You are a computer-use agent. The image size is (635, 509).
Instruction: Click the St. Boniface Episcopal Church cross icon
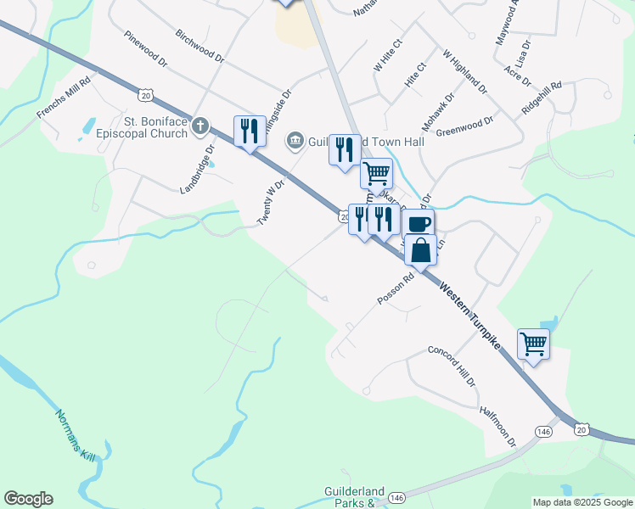pyautogui.click(x=200, y=126)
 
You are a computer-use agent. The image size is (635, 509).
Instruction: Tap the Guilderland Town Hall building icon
pyautogui.click(x=295, y=139)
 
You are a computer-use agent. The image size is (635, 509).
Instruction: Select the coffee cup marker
pyautogui.click(x=419, y=224)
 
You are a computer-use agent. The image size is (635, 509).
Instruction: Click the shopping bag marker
pyautogui.click(x=420, y=250)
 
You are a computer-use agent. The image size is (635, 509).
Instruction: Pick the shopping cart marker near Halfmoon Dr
pyautogui.click(x=533, y=344)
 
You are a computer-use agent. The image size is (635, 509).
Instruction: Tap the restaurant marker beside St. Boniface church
pyautogui.click(x=249, y=131)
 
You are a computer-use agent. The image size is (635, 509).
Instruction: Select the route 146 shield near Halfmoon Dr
pyautogui.click(x=543, y=432)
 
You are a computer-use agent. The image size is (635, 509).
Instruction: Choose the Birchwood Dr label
pyautogui.click(x=199, y=46)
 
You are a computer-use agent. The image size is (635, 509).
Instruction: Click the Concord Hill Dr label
pyautogui.click(x=451, y=366)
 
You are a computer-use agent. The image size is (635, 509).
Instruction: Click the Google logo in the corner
pyautogui.click(x=28, y=499)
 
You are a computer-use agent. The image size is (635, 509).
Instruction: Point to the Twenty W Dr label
pyautogui.click(x=270, y=200)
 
